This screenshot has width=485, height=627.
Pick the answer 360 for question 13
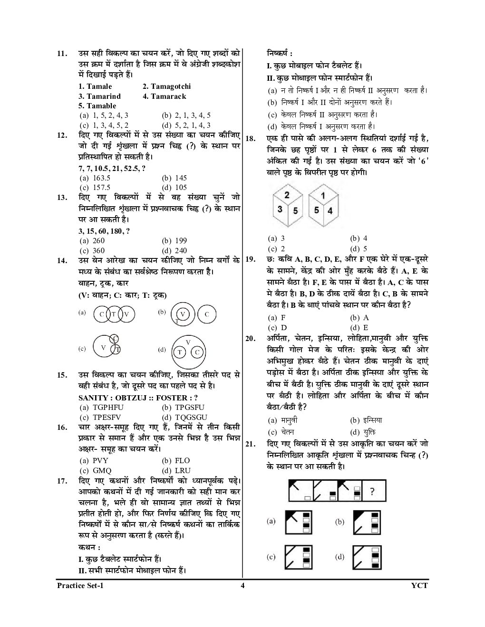(98, 250)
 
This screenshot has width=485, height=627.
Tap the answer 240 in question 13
(180, 250)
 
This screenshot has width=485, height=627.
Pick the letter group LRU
(182, 470)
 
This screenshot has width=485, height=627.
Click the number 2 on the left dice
(287, 195)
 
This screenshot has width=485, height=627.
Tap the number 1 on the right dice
(323, 195)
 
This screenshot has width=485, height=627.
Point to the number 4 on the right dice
(330, 210)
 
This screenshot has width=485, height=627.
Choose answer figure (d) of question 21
(367, 557)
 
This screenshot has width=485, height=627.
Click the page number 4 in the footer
(242, 586)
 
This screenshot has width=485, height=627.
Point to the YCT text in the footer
(419, 586)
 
